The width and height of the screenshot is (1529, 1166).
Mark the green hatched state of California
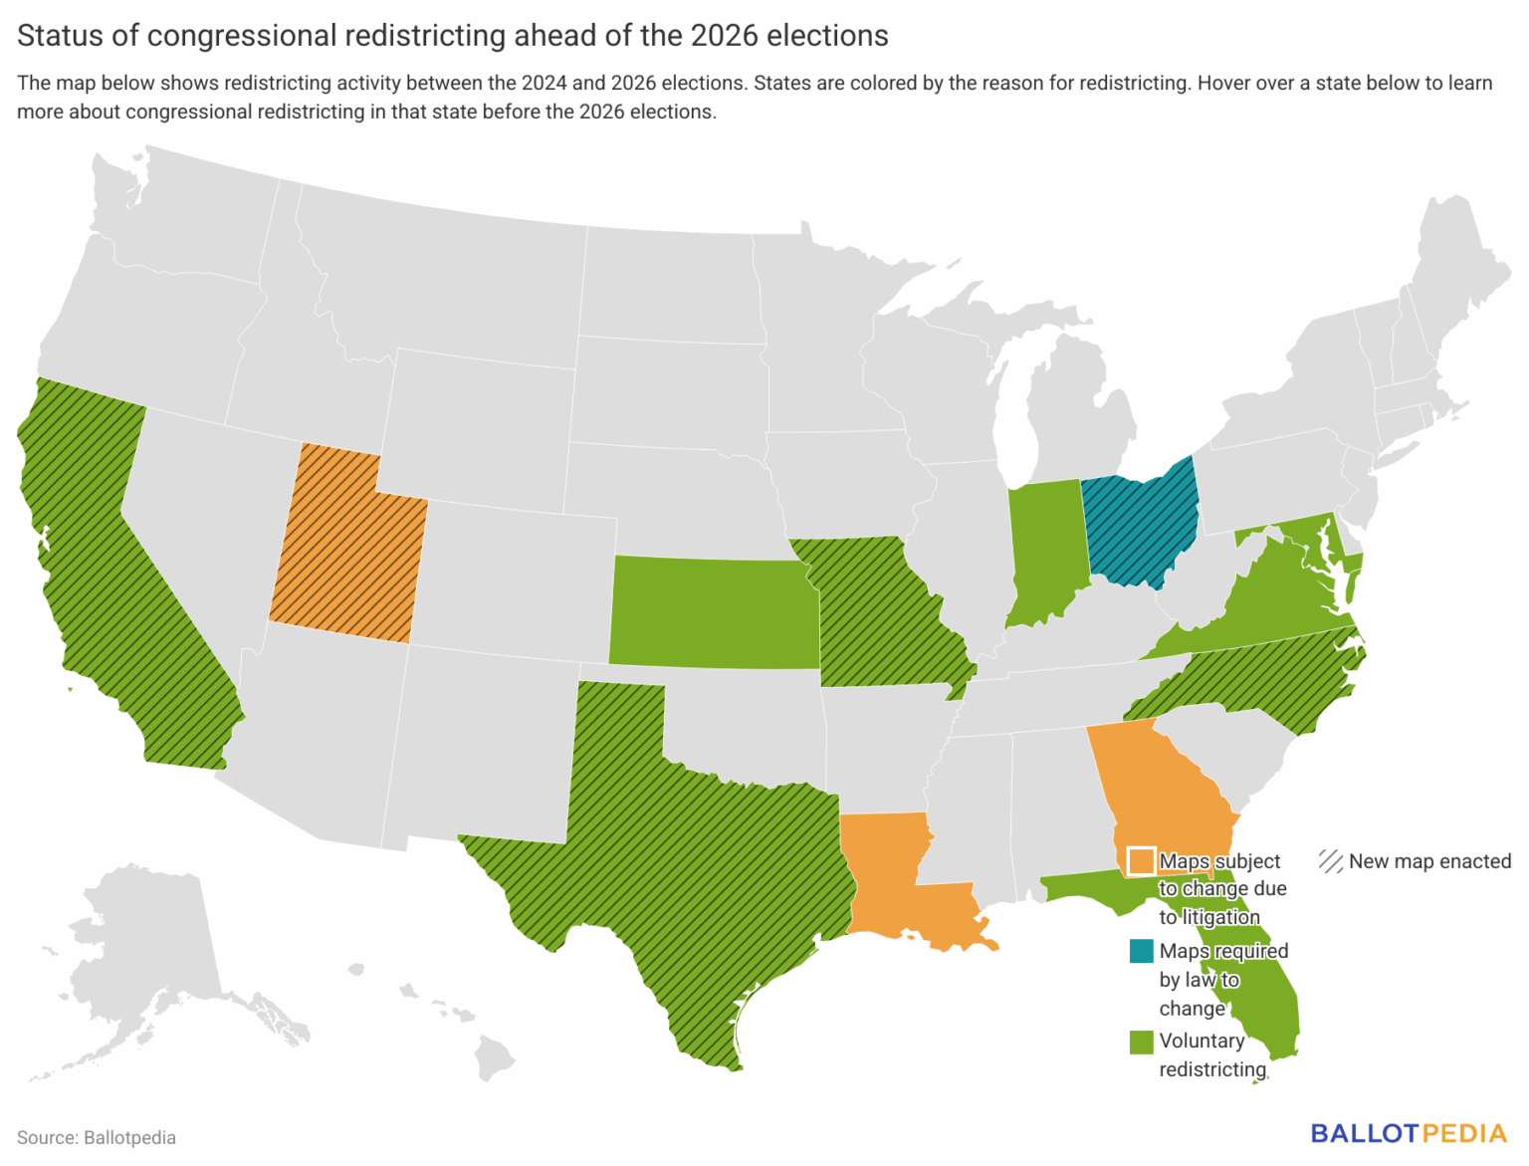point(109,578)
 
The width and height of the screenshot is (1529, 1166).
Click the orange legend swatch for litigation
point(1141,861)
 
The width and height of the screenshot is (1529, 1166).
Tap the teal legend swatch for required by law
point(1141,951)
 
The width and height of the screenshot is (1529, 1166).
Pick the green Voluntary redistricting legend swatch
point(1141,1042)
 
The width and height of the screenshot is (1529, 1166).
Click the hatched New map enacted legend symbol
point(1331,861)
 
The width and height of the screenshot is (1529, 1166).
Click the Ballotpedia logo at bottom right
point(1408,1133)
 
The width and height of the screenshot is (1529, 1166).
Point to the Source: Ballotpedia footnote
point(97,1137)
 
